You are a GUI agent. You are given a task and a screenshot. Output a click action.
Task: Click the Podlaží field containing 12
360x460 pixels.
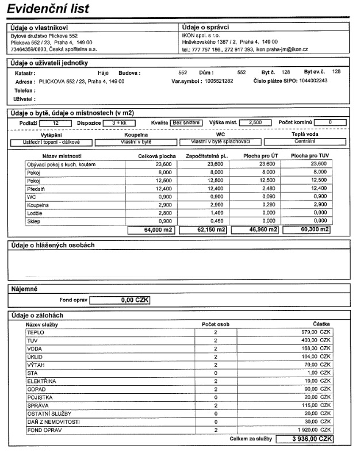(x=56, y=123)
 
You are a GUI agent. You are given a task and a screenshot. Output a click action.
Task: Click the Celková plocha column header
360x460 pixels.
(x=158, y=156)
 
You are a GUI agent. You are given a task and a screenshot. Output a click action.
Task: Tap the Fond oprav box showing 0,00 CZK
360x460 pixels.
(x=120, y=300)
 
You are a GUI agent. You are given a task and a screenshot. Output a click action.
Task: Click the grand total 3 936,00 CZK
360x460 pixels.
(x=304, y=439)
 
